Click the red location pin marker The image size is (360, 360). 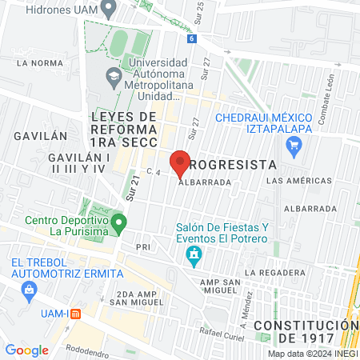coord(180,162)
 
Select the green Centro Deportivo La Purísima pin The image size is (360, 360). coord(118,222)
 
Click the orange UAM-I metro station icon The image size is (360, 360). coord(75,314)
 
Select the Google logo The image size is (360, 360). coord(27,350)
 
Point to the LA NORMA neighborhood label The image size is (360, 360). coord(39,62)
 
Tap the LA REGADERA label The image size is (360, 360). coord(272,273)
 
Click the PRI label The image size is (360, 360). coord(143,246)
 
